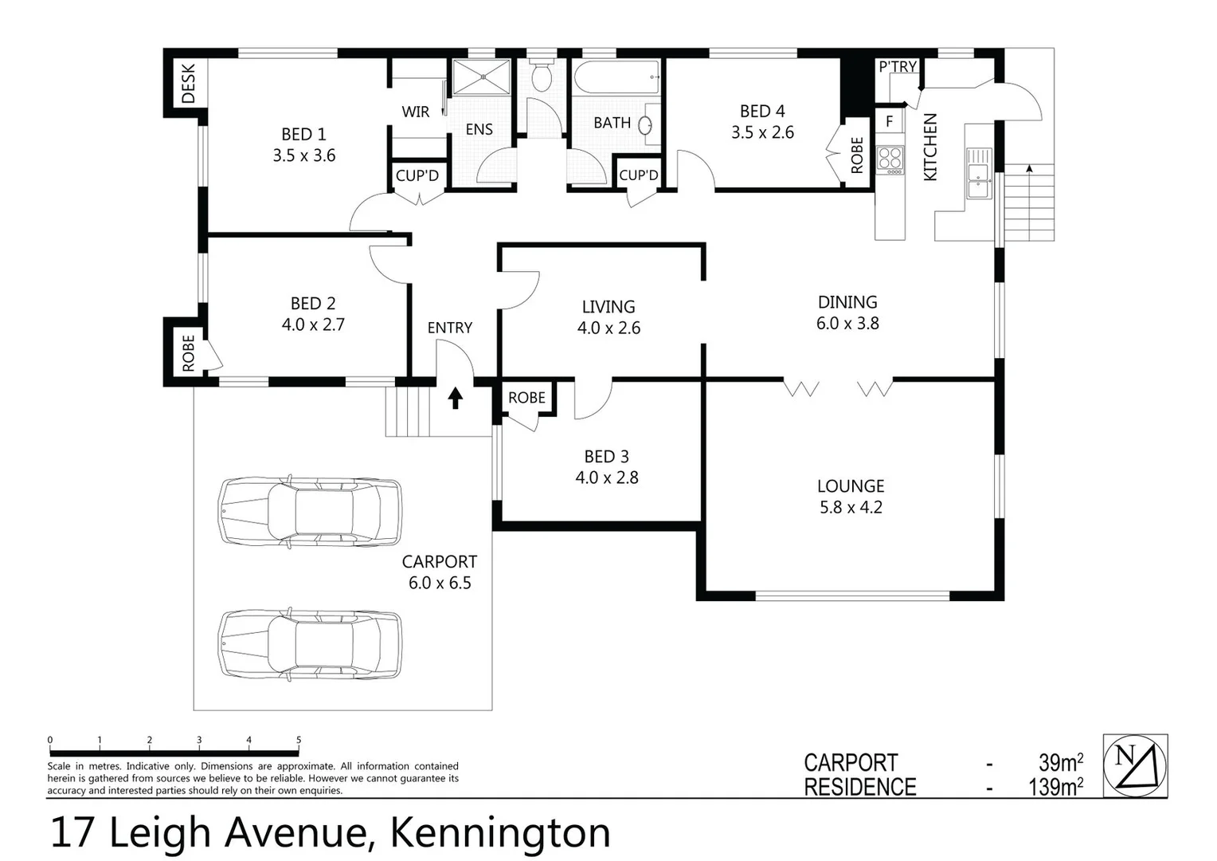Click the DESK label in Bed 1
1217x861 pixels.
click(189, 84)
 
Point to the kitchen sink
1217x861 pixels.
click(979, 173)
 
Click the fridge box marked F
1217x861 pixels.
click(890, 122)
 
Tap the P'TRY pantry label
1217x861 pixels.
click(898, 67)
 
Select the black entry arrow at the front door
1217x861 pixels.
click(455, 398)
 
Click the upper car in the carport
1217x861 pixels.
click(310, 512)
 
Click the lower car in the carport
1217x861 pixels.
click(310, 644)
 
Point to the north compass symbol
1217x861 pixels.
click(1135, 765)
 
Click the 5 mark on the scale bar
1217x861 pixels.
click(299, 741)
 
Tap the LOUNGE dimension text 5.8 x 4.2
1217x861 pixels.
click(851, 507)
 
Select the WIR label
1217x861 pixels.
click(416, 112)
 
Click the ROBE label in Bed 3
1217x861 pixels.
click(526, 398)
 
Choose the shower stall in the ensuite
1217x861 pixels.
click(481, 77)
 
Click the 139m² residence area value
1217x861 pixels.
click(1055, 787)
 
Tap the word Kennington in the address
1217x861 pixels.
click(500, 833)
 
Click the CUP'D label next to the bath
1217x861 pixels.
click(638, 175)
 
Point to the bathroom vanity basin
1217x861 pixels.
click(648, 125)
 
